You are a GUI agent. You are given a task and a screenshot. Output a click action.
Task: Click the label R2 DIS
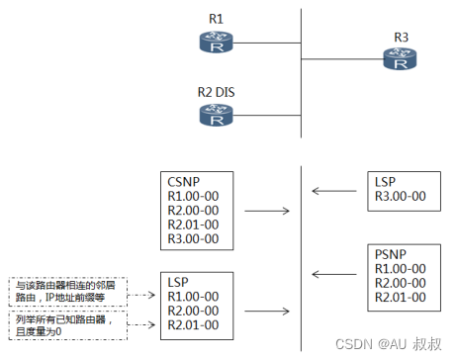pos(218,93)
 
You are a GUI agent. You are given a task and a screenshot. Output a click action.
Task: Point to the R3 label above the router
pos(402,39)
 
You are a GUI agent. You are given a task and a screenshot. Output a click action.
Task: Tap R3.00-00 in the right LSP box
pos(402,197)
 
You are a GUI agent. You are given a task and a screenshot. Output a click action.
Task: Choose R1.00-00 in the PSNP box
pos(401,268)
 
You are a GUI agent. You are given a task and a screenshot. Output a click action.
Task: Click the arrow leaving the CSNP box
pos(266,211)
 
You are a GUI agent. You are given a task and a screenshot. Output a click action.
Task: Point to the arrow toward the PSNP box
pos(333,274)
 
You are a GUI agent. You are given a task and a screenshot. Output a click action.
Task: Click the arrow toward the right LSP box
pos(333,192)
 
